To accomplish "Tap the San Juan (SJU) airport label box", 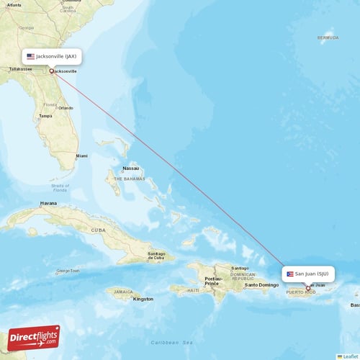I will (307, 274).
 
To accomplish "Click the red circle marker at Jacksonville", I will (51, 71).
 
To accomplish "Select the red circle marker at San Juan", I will (308, 288).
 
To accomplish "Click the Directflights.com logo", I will (34, 337).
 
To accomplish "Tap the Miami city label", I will (81, 156).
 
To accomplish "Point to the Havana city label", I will (48, 203).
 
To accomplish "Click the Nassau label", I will (130, 168).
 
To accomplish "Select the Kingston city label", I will (143, 298).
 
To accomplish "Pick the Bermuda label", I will (328, 37).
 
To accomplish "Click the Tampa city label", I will (45, 115).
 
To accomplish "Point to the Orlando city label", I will (66, 108).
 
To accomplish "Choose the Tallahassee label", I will (19, 69).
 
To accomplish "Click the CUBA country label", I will (98, 230).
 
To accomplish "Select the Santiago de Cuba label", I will (156, 256).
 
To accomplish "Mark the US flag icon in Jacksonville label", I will (30, 56).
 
